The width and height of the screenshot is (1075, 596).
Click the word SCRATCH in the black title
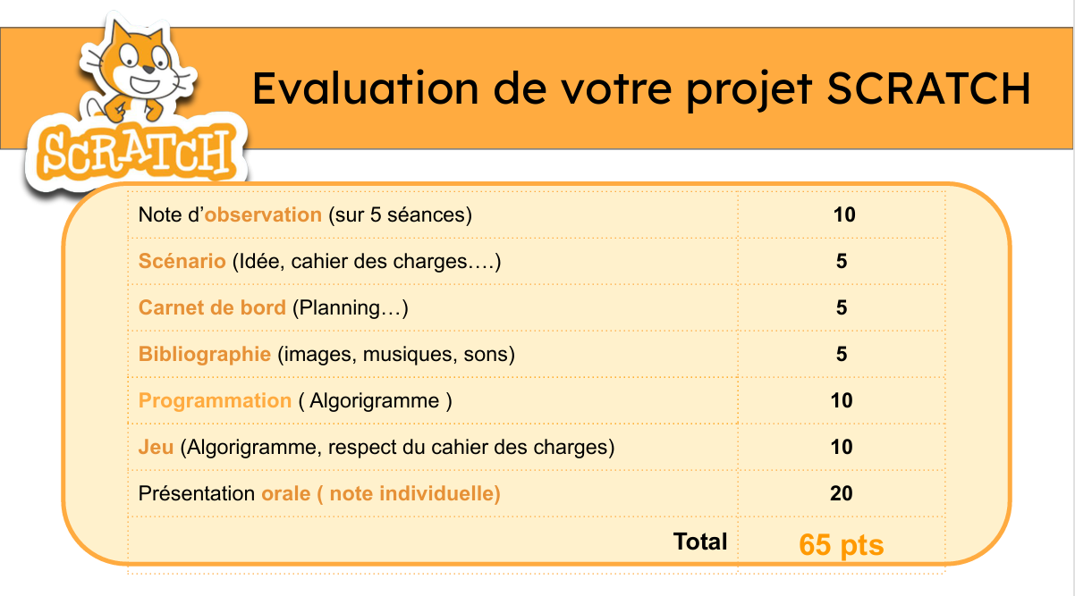[x=928, y=88]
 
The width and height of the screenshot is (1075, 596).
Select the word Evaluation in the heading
[x=365, y=88]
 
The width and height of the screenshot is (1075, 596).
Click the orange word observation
[x=263, y=214]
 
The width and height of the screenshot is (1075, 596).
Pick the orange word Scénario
[x=182, y=261]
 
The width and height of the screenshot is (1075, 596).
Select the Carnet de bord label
[x=212, y=308]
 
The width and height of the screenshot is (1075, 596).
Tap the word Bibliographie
[x=205, y=355]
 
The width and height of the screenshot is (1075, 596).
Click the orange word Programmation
[x=215, y=401]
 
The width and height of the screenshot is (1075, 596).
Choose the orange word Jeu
[x=156, y=447]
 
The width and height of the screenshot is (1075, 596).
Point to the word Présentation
[x=196, y=493]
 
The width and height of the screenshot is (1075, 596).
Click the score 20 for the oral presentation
[x=842, y=493]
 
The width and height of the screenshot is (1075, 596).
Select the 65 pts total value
[x=842, y=545]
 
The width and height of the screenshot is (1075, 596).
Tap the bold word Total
[x=700, y=541]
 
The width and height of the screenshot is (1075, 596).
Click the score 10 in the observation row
[x=844, y=214]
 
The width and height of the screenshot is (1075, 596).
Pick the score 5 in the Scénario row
[x=842, y=261]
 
